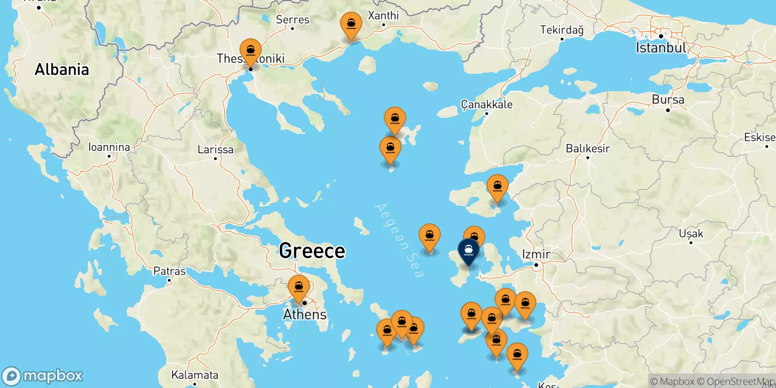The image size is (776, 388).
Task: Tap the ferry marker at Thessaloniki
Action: coord(250,51)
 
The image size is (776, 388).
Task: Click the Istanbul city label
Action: coord(661,48)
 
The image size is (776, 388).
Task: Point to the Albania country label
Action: coord(62,70)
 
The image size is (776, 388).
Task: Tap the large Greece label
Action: coord(312,251)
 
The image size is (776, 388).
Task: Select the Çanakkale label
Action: coord(486,104)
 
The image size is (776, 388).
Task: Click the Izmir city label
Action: coord(536,254)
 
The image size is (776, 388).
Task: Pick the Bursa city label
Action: coord(668,100)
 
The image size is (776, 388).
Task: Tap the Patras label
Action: coord(169,271)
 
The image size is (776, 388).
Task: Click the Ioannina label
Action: coord(109,147)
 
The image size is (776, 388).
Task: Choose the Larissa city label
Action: coord(215,149)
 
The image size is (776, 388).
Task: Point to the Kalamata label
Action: coord(194,375)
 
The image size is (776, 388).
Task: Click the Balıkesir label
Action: coord(588,148)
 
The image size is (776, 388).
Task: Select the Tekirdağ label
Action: coord(562,30)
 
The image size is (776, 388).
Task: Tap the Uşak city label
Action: coord(691,234)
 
